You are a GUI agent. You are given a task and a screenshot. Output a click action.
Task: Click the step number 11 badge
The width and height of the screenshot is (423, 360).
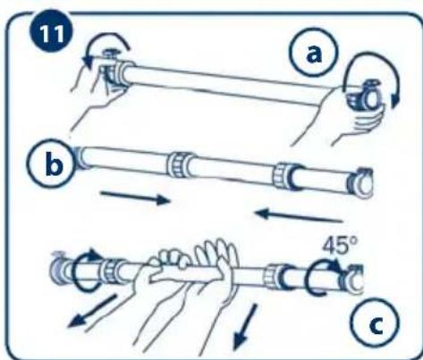point(51,32)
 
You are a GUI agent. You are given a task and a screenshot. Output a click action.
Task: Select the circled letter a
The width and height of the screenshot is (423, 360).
point(314,53)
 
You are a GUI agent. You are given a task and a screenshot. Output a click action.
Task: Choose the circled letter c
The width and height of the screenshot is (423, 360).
point(375,322)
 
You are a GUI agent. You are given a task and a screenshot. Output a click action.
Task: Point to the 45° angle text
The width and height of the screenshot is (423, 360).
point(340,246)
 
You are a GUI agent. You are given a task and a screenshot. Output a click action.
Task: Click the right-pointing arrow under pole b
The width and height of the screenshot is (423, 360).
point(135,197)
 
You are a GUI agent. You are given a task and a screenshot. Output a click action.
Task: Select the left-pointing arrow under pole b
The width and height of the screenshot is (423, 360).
point(299,215)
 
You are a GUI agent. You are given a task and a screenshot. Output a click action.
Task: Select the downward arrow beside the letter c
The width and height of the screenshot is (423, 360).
point(245,326)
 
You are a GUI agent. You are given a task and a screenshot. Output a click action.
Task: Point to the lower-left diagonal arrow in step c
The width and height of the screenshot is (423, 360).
point(92,310)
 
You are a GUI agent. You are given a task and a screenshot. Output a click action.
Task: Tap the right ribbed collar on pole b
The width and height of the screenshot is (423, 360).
point(283,176)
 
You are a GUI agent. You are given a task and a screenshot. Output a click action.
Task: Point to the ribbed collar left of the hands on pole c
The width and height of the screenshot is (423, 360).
point(113,272)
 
